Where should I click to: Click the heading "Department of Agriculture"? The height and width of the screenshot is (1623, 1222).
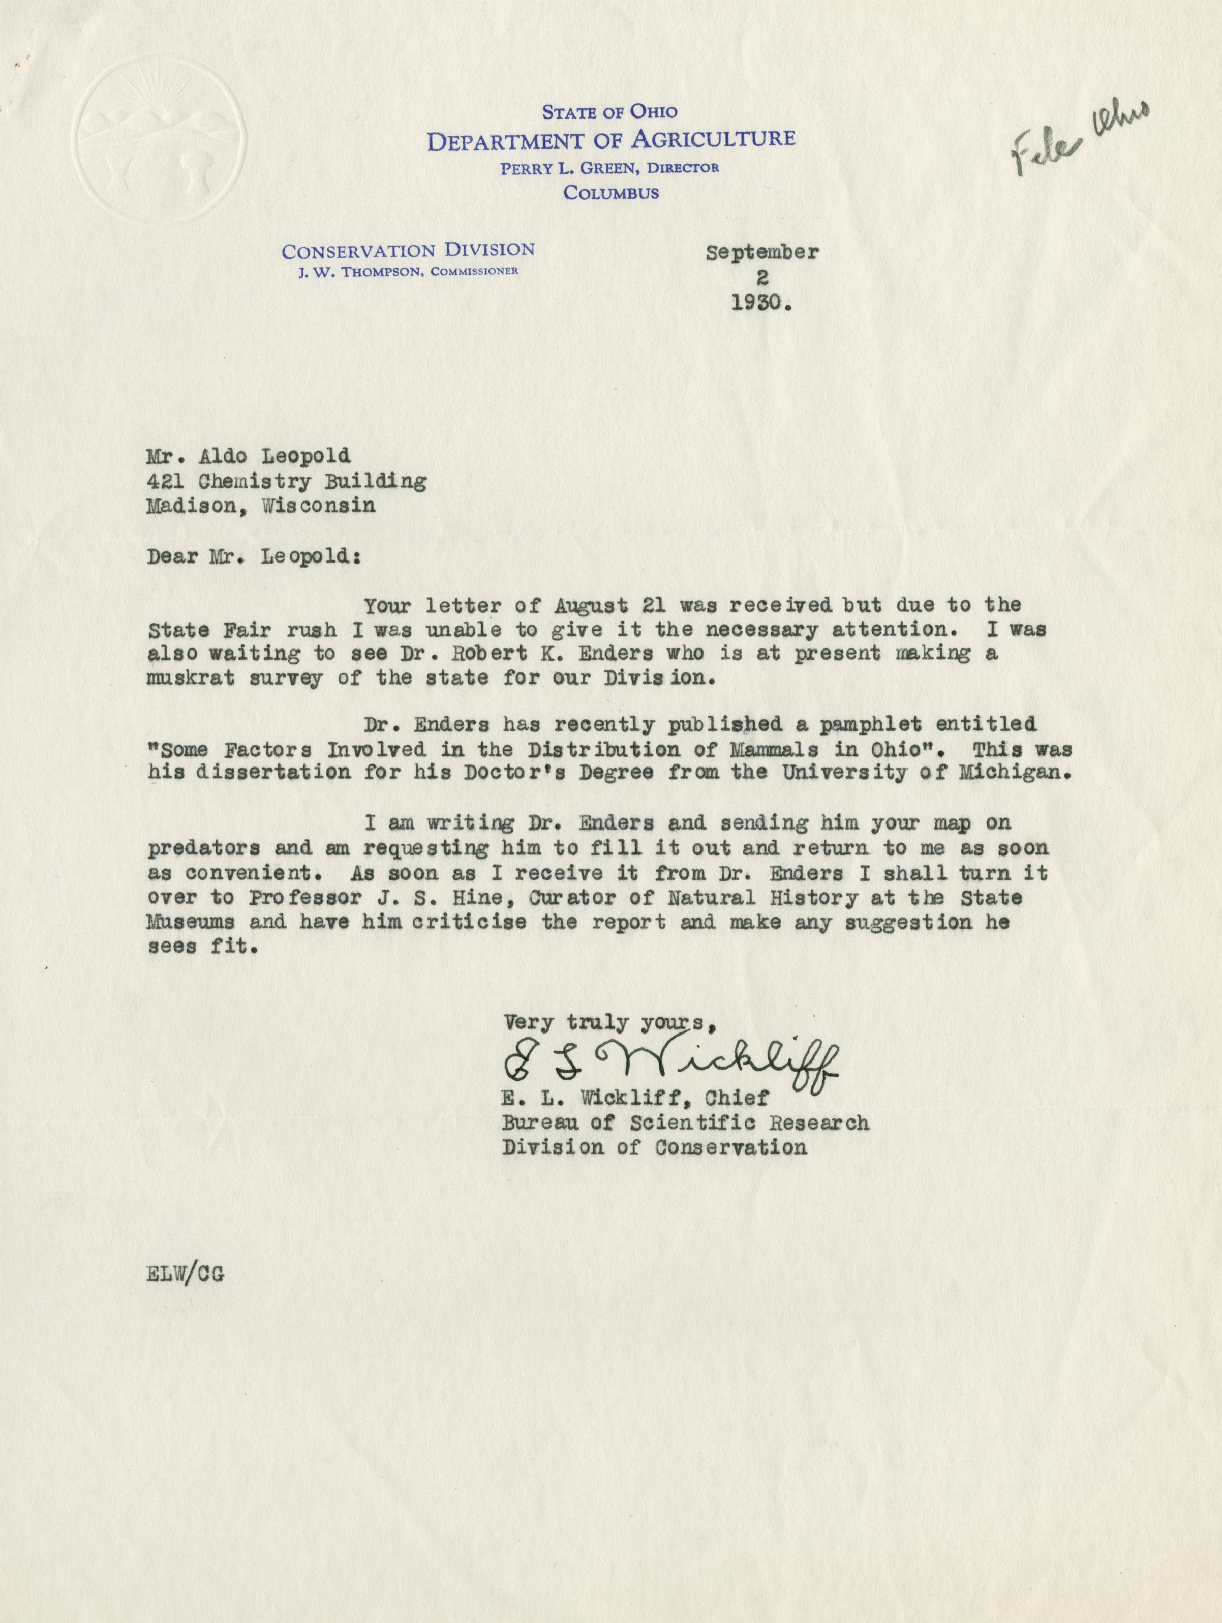click(610, 139)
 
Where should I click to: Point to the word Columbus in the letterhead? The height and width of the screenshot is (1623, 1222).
click(610, 193)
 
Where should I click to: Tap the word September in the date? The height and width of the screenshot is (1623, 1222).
click(762, 253)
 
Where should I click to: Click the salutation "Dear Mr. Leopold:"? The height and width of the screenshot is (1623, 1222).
click(254, 555)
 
